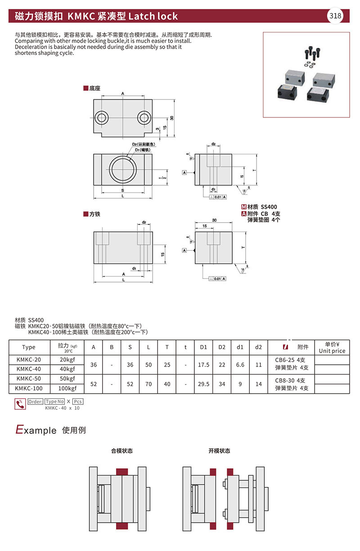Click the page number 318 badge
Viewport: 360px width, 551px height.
point(336,17)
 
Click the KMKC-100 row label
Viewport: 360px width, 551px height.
point(28,388)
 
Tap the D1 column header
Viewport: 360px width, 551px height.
point(203,347)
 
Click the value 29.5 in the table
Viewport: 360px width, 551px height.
point(203,384)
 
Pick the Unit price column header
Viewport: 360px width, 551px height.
point(332,348)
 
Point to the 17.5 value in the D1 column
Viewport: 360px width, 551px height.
point(203,365)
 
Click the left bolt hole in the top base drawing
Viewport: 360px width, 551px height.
point(102,118)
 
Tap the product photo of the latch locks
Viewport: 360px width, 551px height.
point(306,75)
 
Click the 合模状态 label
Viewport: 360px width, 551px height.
point(122,451)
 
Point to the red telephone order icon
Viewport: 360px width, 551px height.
point(20,404)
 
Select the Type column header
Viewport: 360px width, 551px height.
point(28,347)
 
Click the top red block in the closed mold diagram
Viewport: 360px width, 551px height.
point(122,471)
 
